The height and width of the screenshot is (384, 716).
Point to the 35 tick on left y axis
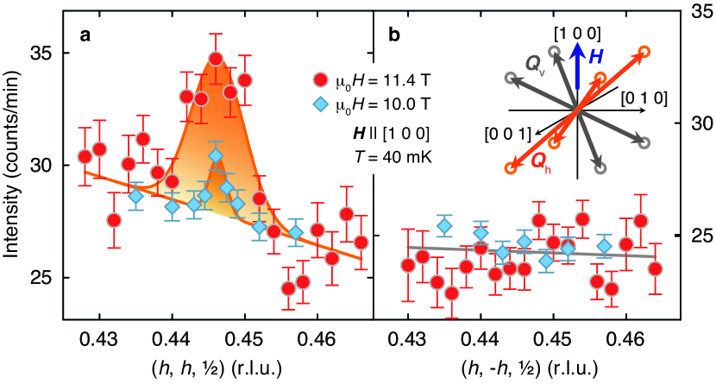(x=41, y=54)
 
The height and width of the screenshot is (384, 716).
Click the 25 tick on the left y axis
(x=41, y=278)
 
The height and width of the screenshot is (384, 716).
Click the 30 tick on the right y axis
(x=693, y=124)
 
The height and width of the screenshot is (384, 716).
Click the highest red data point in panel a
(x=216, y=59)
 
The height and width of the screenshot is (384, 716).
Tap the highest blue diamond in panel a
(x=216, y=156)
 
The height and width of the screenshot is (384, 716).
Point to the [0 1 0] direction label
(x=643, y=98)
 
